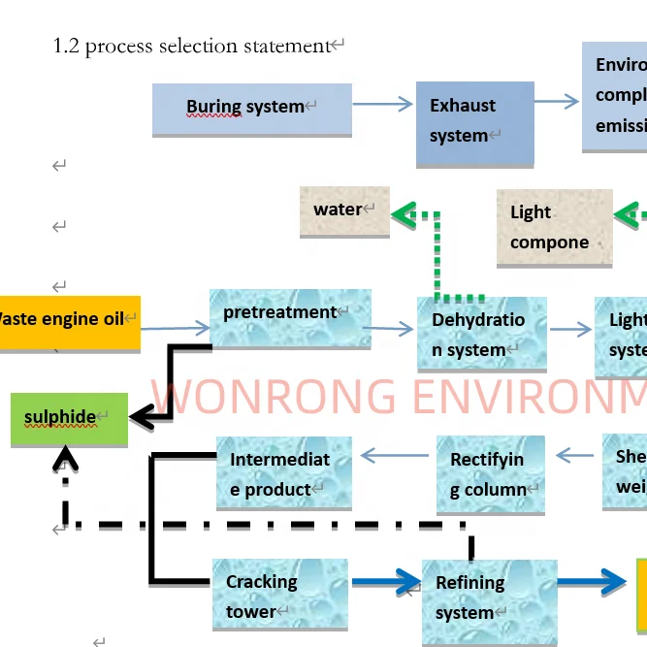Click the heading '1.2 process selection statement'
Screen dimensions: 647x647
pyautogui.click(x=192, y=47)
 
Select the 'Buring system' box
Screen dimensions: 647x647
pyautogui.click(x=251, y=108)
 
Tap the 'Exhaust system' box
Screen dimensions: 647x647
pyautogui.click(x=474, y=122)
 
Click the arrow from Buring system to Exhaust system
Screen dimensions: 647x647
pyautogui.click(x=383, y=104)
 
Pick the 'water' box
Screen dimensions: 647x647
pyautogui.click(x=344, y=211)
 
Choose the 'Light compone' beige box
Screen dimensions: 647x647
pyautogui.click(x=554, y=228)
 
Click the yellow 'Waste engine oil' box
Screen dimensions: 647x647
pyautogui.click(x=68, y=321)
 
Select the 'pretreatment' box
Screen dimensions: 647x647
pyautogui.click(x=290, y=318)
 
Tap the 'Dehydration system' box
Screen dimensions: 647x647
pyautogui.click(x=481, y=335)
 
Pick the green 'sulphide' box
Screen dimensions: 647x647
pyautogui.click(x=69, y=419)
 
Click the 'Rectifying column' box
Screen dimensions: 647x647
pyautogui.click(x=490, y=474)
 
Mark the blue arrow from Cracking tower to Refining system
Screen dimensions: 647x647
pyautogui.click(x=385, y=583)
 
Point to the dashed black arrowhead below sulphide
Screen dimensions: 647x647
pyautogui.click(x=65, y=458)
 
